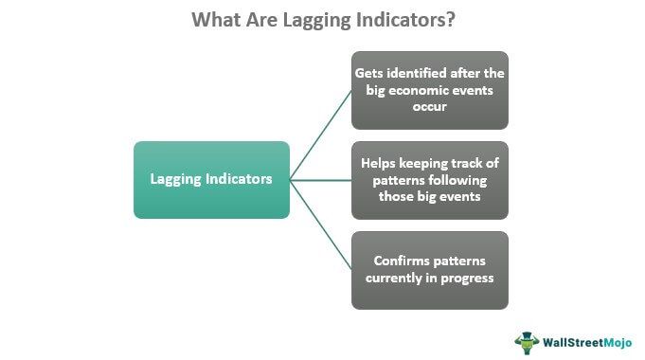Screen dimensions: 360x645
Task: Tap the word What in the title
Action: tap(215, 20)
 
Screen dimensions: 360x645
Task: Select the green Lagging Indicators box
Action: tap(211, 180)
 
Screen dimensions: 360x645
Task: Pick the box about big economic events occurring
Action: tap(429, 90)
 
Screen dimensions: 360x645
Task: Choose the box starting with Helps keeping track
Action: tap(429, 180)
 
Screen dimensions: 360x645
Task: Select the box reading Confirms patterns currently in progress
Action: tap(429, 270)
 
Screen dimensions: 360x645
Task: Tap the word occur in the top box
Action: tap(429, 107)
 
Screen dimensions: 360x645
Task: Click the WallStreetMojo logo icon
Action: tap(527, 340)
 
